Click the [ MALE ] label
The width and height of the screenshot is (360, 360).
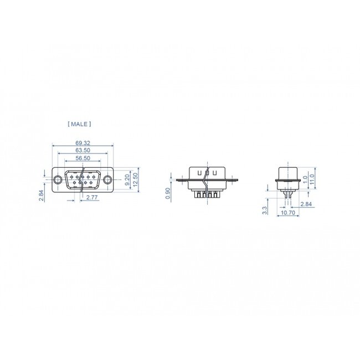tap(79, 125)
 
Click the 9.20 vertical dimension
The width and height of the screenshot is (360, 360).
tap(127, 179)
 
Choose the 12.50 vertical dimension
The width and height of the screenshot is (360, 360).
tap(135, 179)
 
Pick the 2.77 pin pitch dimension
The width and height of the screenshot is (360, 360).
tap(92, 197)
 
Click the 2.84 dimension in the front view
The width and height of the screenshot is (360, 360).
tap(41, 195)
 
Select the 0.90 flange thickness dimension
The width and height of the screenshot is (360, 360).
tap(169, 193)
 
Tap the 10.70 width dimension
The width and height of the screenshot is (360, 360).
tap(287, 213)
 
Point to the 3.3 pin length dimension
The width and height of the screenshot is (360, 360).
tap(265, 210)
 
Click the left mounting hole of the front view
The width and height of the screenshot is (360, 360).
tap(58, 179)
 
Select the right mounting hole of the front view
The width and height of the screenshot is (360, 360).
tap(107, 179)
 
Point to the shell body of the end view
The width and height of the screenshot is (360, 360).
tap(287, 174)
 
